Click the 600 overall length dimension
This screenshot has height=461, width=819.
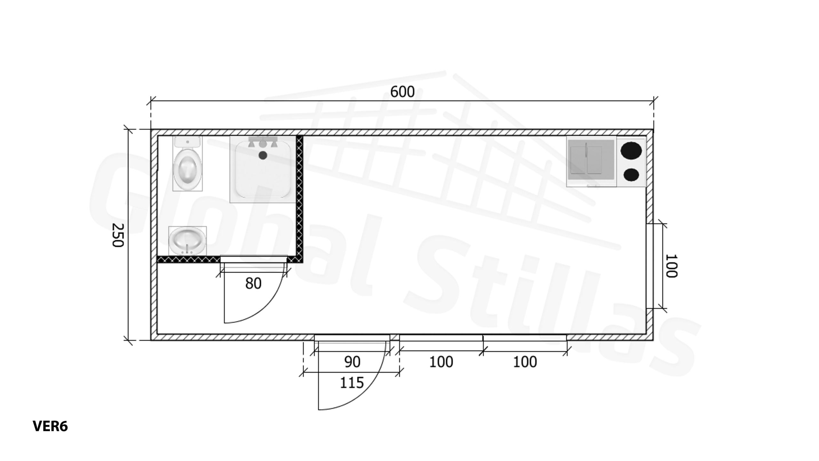pyautogui.click(x=402, y=92)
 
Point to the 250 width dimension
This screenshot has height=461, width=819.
pyautogui.click(x=118, y=235)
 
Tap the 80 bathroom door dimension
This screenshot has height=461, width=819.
pyautogui.click(x=253, y=283)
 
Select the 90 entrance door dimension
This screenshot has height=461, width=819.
pyautogui.click(x=352, y=362)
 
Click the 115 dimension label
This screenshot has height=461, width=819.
pyautogui.click(x=352, y=383)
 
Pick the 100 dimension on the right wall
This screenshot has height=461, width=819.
pyautogui.click(x=671, y=266)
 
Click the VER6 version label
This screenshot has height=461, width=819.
pyautogui.click(x=50, y=426)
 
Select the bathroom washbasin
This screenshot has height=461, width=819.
pyautogui.click(x=187, y=241)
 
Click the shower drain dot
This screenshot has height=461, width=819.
pyautogui.click(x=263, y=156)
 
